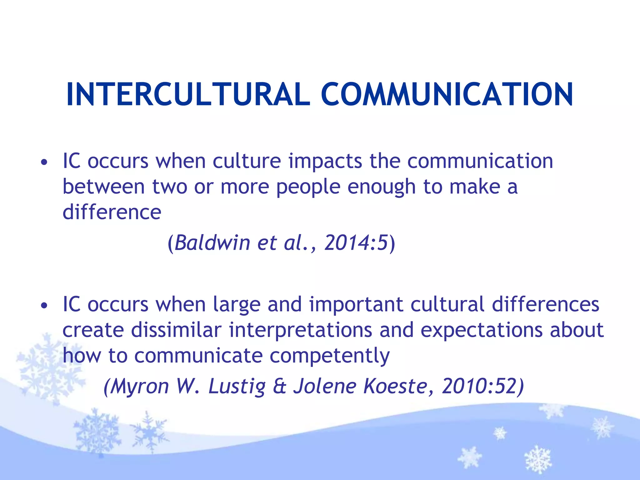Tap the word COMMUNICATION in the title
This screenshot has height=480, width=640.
(447, 94)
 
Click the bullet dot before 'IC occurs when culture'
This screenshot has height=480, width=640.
(44, 162)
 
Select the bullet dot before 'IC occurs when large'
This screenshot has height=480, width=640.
(44, 305)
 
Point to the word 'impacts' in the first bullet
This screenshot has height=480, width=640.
(325, 162)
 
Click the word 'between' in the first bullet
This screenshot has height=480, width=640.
(103, 187)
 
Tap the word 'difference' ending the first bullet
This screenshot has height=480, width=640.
(112, 212)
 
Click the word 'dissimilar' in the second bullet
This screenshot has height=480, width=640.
(176, 330)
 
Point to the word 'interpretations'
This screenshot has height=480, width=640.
(300, 330)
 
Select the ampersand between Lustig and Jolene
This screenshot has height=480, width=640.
(279, 386)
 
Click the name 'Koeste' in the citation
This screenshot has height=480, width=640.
(395, 386)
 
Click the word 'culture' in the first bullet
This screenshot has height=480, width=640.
(247, 162)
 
